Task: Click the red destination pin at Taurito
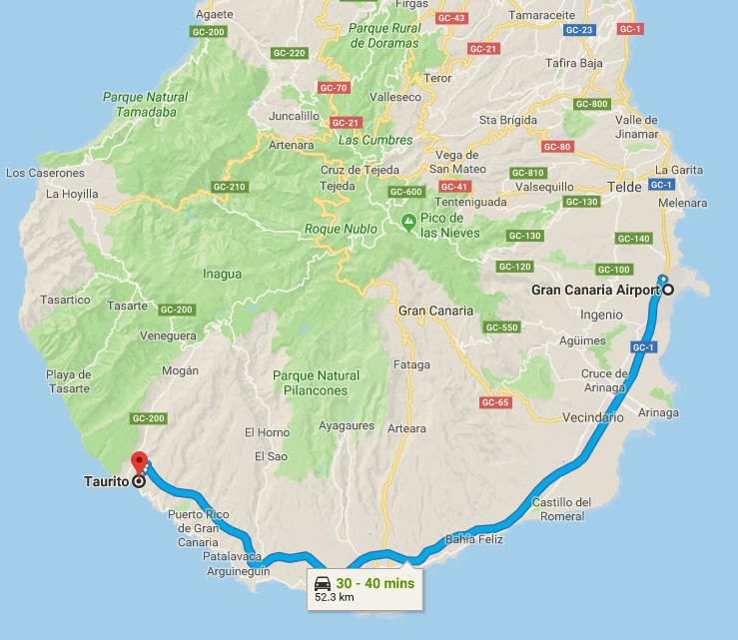point(139,462)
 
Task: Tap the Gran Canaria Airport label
point(595,290)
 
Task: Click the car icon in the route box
point(323,583)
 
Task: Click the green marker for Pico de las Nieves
point(407,221)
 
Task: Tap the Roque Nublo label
point(341,229)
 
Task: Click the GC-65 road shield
point(495,402)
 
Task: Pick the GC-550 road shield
point(501,327)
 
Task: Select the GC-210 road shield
point(229,187)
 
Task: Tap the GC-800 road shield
point(592,105)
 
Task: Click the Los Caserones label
point(38,173)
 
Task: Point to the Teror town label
point(438,77)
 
